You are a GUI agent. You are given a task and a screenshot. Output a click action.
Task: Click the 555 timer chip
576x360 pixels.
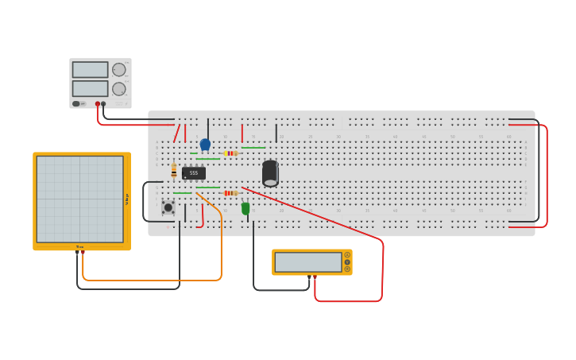pos(194,172)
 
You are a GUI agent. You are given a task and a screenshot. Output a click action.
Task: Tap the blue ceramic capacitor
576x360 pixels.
pos(205,144)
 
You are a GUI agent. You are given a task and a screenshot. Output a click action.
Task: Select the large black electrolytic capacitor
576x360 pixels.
pos(270,172)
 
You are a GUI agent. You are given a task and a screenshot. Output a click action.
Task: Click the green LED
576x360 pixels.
pos(245,208)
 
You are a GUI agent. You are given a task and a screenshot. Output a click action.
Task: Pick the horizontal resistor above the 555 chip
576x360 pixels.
pos(230,153)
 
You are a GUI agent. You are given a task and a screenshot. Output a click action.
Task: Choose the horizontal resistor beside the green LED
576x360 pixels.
pos(230,193)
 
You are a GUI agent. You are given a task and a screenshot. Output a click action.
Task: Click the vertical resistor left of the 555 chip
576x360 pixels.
pos(174,170)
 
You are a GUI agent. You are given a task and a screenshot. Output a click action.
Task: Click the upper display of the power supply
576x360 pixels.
pos(90,70)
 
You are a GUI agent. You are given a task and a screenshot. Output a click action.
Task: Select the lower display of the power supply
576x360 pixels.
pos(90,88)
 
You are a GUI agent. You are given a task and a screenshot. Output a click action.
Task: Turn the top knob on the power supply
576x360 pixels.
pos(119,70)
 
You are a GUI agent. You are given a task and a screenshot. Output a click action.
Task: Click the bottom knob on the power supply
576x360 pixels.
pos(119,88)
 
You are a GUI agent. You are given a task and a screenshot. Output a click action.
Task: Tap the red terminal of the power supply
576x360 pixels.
pos(98,104)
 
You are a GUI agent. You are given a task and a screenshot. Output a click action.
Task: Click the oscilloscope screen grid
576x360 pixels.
pos(79,199)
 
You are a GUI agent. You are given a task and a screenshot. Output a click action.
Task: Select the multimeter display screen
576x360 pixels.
pos(307,262)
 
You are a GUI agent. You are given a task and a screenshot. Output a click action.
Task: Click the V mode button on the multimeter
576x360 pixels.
pos(347,262)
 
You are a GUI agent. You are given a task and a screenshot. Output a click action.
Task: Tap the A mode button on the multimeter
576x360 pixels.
pos(347,255)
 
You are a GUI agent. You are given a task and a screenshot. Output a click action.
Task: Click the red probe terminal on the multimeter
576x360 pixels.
pos(315,277)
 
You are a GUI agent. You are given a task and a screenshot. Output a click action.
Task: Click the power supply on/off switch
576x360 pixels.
pos(77,103)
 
